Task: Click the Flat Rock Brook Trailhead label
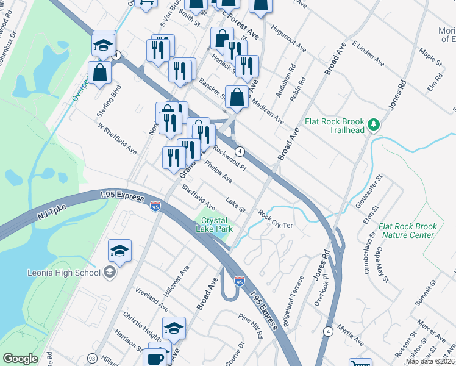[335, 124]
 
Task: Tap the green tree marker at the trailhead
[374, 125]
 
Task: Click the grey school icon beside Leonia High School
[110, 271]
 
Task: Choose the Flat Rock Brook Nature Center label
[407, 231]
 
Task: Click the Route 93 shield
[92, 358]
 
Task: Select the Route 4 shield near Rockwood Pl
[241, 151]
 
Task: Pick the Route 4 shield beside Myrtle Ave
[329, 331]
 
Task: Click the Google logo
[20, 359]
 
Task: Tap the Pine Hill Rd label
[251, 326]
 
